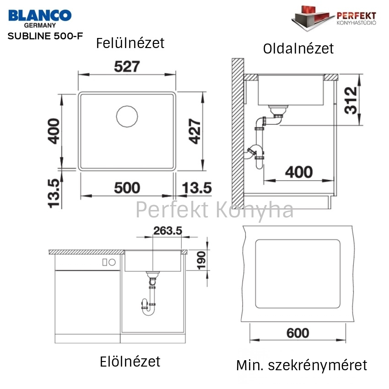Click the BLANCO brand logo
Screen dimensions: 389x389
(x=40, y=18)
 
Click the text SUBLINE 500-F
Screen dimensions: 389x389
(x=45, y=36)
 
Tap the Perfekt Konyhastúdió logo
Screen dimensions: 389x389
(x=334, y=18)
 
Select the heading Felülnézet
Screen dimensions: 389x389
(x=130, y=43)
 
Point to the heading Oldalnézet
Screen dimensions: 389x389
(x=298, y=49)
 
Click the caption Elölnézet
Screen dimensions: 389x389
(x=130, y=362)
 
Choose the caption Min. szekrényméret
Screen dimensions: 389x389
(x=302, y=366)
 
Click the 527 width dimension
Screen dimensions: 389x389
(x=127, y=66)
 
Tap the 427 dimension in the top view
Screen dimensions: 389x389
(x=194, y=131)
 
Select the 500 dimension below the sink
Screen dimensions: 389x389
(x=127, y=188)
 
